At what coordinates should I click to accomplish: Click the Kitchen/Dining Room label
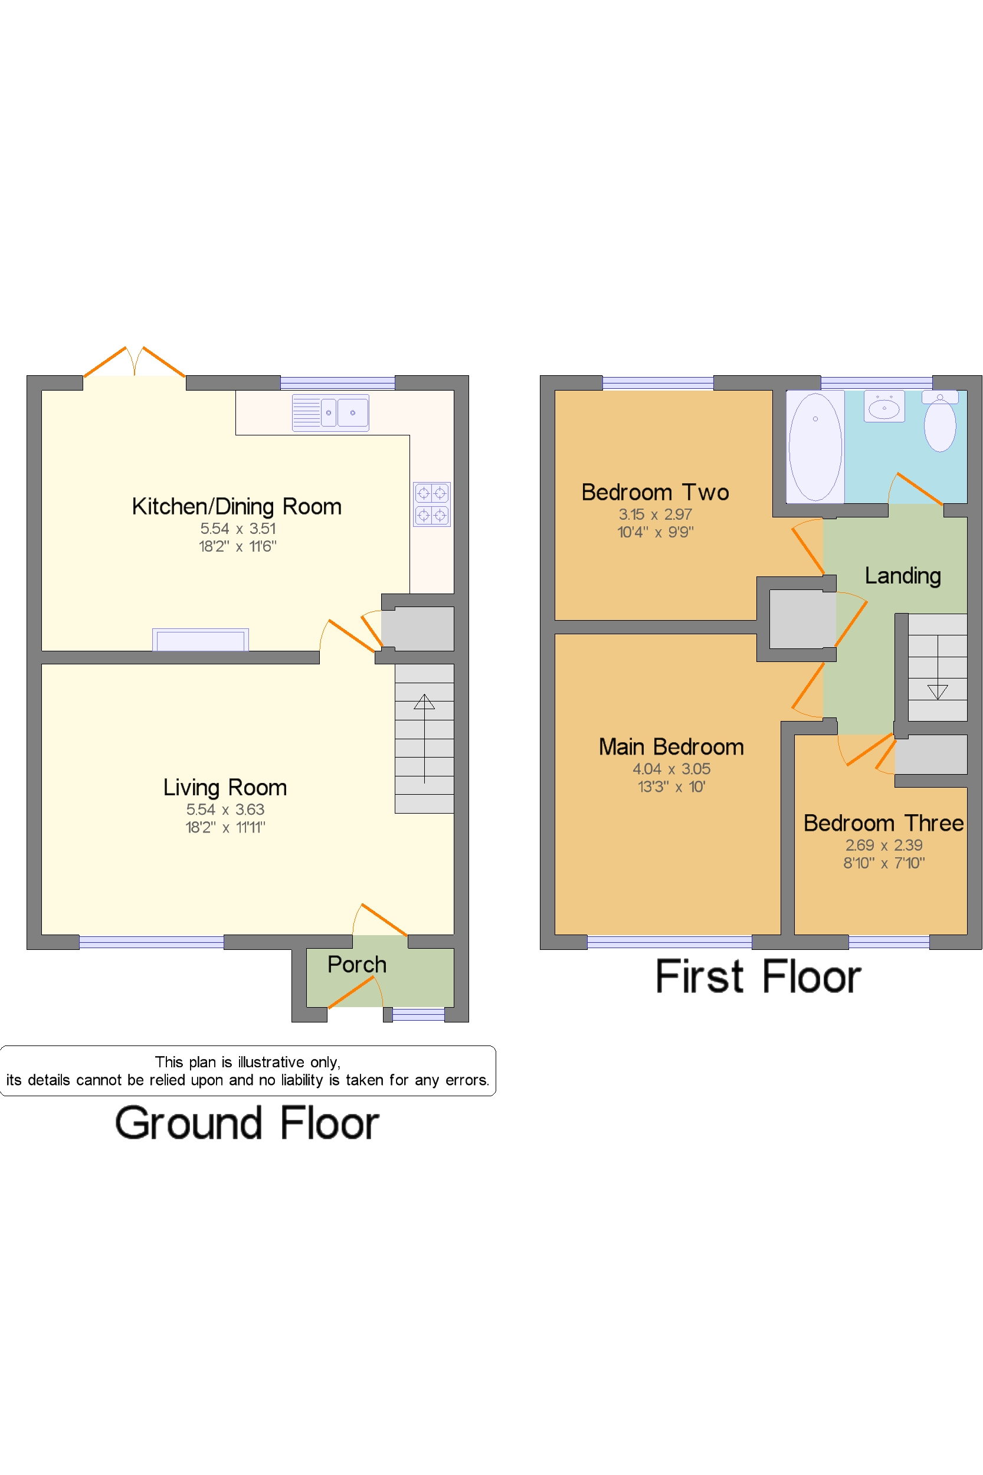tap(237, 506)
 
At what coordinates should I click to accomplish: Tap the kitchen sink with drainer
tap(330, 412)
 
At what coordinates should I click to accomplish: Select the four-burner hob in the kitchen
tap(432, 504)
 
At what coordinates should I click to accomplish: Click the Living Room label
tap(225, 787)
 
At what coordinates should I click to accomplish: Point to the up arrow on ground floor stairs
tap(424, 739)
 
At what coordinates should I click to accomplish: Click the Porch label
tap(357, 964)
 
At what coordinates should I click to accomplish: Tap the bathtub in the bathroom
tap(815, 446)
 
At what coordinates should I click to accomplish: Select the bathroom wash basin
tap(884, 406)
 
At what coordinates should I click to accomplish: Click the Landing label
tap(903, 575)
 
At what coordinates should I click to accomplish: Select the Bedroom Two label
tap(655, 492)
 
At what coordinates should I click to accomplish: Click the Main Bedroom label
tap(671, 746)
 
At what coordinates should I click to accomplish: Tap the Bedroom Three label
tap(883, 823)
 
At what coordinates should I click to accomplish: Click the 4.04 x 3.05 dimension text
tap(671, 769)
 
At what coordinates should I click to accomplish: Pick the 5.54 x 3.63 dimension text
tap(225, 810)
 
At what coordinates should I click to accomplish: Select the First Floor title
tap(759, 976)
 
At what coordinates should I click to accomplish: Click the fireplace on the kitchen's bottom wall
tap(201, 640)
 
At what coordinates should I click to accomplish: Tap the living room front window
tap(152, 942)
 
